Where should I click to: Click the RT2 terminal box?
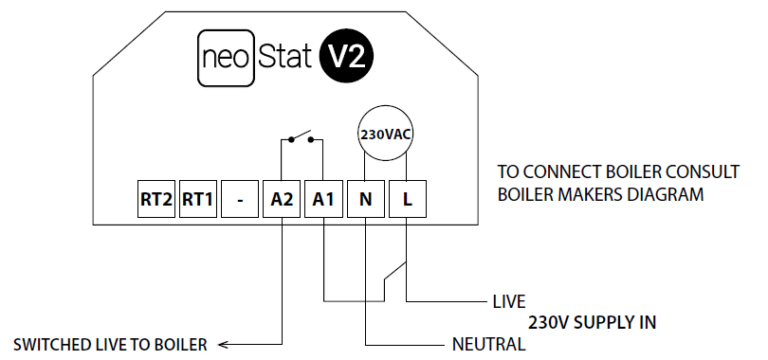tap(156, 200)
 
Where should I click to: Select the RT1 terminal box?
tap(197, 200)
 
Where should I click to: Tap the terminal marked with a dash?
tap(239, 200)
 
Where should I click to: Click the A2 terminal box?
tap(281, 200)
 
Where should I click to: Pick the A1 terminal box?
tap(323, 200)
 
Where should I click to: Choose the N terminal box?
tap(365, 200)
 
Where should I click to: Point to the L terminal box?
tap(406, 200)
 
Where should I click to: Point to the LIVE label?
tap(509, 300)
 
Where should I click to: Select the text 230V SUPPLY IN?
tap(592, 323)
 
